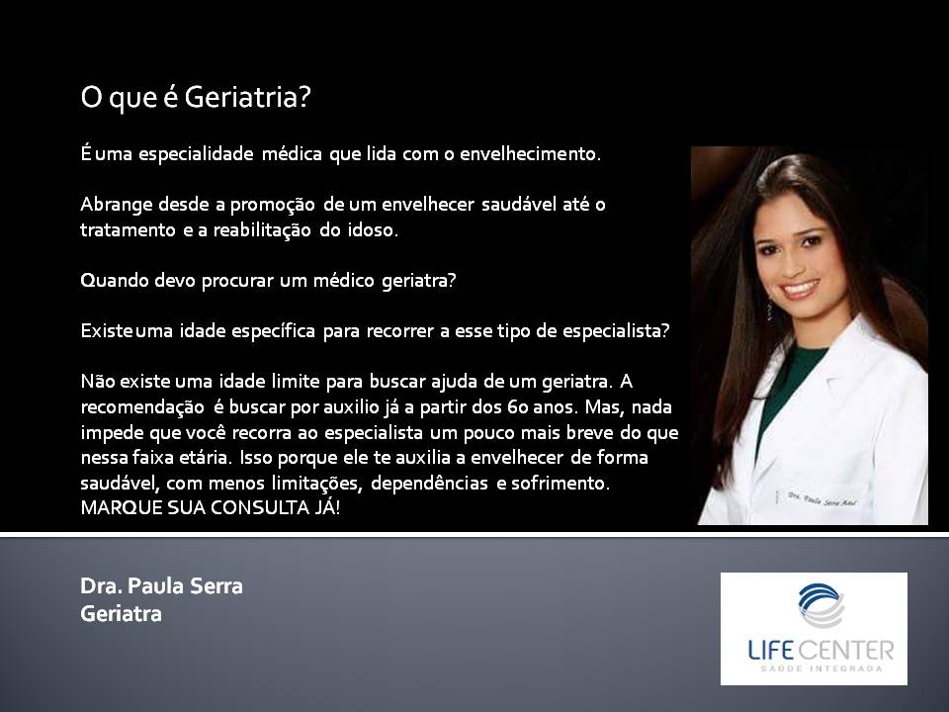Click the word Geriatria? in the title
click(x=247, y=97)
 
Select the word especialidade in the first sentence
click(x=196, y=154)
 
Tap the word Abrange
click(x=117, y=206)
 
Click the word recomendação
click(x=142, y=407)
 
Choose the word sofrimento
click(x=560, y=484)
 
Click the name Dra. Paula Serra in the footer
click(x=161, y=586)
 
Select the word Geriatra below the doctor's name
click(x=121, y=614)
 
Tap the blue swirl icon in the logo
click(x=820, y=605)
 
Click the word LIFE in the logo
click(x=770, y=651)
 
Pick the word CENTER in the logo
click(x=845, y=651)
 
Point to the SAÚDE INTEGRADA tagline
click(x=821, y=669)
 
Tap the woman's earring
click(x=769, y=309)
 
